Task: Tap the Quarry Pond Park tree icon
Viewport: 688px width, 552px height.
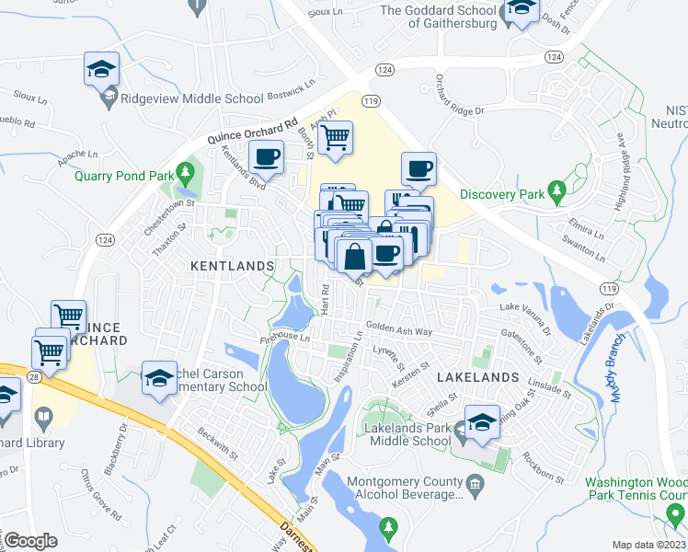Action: pos(185,171)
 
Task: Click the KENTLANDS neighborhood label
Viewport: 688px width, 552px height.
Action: pos(232,265)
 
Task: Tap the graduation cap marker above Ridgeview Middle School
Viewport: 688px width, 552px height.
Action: pos(101,69)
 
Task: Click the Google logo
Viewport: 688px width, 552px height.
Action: pos(31,541)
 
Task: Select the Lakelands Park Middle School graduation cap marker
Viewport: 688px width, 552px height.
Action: pos(482,422)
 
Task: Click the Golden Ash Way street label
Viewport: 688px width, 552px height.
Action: pos(398,328)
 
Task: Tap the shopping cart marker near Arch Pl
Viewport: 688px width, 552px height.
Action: pos(336,138)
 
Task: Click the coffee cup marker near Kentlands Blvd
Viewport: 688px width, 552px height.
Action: pos(267,157)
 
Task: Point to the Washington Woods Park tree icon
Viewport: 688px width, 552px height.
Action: pos(676,512)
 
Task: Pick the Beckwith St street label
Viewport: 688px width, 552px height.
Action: pos(215,442)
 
